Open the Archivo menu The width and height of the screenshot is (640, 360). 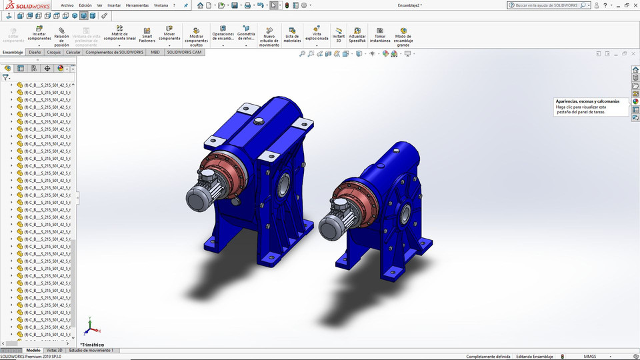click(x=67, y=5)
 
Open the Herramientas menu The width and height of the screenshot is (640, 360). click(x=137, y=5)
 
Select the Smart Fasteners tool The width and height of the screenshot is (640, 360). click(x=147, y=34)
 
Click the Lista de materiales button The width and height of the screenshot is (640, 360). click(x=292, y=34)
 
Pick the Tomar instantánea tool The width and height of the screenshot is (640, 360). click(x=379, y=34)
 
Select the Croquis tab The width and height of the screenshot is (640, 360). click(x=54, y=51)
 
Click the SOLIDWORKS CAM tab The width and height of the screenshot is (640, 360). click(x=184, y=51)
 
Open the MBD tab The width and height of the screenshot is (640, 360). click(x=155, y=51)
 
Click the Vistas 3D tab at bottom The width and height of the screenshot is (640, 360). click(x=54, y=350)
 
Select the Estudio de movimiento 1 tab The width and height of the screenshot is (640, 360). click(x=91, y=350)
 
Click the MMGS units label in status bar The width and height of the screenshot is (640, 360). click(x=590, y=357)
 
